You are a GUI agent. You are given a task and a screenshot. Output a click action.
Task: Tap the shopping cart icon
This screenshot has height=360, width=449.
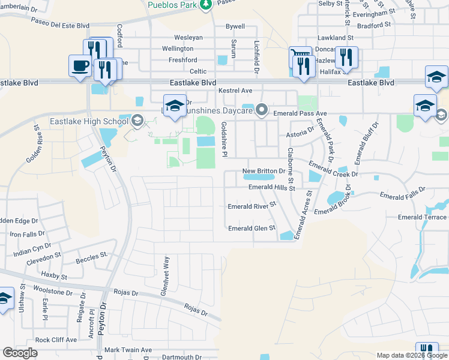[x=300, y=57]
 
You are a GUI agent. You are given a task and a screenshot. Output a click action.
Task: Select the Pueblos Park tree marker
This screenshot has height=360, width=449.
[x=205, y=5]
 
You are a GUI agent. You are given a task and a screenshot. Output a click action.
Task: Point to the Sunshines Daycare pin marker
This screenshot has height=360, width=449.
[x=262, y=109]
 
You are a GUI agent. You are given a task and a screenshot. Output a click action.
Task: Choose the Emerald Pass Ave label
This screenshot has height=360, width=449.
[x=300, y=113]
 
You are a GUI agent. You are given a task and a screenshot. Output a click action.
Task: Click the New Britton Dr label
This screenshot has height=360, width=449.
[x=264, y=171]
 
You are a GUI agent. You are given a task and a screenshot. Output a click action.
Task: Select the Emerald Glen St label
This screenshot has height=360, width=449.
[x=252, y=228]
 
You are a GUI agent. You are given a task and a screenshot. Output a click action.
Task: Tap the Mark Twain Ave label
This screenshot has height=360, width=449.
[x=128, y=350]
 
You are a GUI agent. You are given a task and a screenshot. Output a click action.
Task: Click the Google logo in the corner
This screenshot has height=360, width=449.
[x=19, y=353]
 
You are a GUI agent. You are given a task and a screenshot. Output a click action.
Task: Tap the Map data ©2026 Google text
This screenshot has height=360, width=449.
[x=411, y=355]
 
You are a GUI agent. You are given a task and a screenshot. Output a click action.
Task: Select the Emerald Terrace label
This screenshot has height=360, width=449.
[x=422, y=217]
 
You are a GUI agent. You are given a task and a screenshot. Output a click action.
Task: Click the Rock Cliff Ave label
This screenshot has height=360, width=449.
[x=56, y=340]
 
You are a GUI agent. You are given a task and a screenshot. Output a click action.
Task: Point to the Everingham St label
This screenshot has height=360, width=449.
[x=373, y=11]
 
